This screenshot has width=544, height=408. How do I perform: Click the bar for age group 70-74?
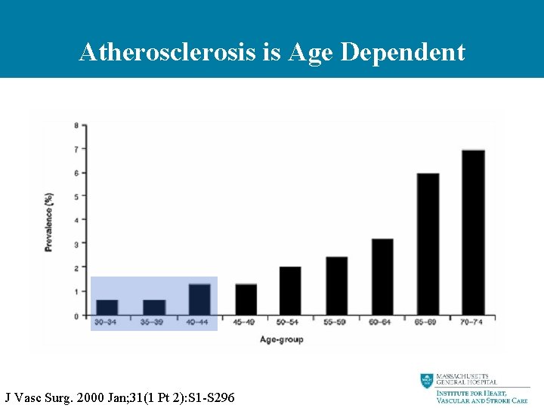pos(473,233)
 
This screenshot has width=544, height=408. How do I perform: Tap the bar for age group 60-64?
pos(382,277)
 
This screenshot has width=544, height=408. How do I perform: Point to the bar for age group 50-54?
pos(290,291)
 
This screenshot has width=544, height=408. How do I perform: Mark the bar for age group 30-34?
pos(107,308)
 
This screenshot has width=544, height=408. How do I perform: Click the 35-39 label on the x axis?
pos(153,323)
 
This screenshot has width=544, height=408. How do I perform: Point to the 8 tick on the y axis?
pos(75,125)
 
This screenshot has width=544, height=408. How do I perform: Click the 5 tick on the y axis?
pos(75,196)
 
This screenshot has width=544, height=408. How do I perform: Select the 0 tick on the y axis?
pos(75,315)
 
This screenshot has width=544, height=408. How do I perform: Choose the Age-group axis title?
pos(281,340)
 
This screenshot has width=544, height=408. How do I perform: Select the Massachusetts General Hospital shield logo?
pos(427,381)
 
